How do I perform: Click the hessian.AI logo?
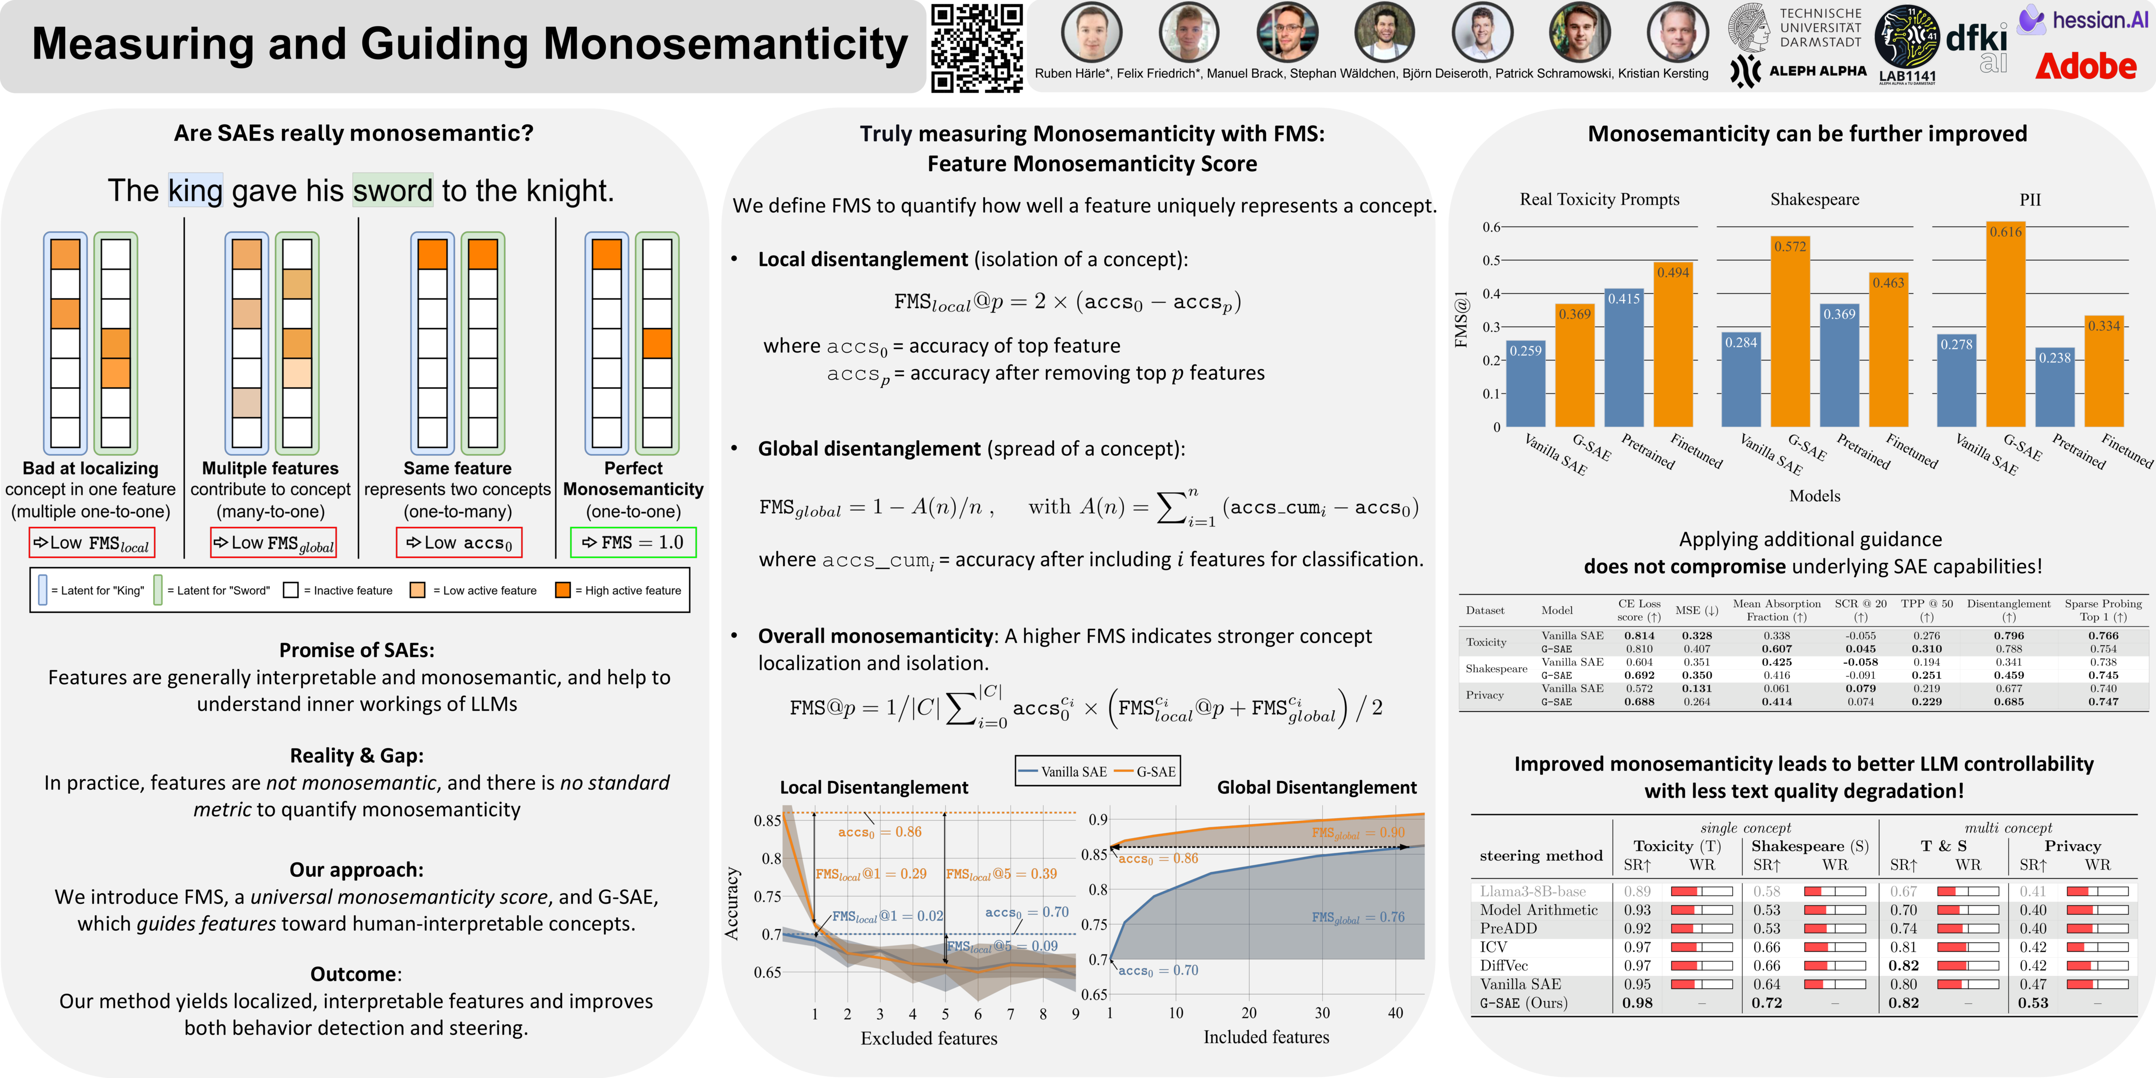pyautogui.click(x=2084, y=20)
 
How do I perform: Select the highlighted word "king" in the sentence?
pyautogui.click(x=195, y=191)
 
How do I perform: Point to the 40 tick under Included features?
pyautogui.click(x=1395, y=1013)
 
